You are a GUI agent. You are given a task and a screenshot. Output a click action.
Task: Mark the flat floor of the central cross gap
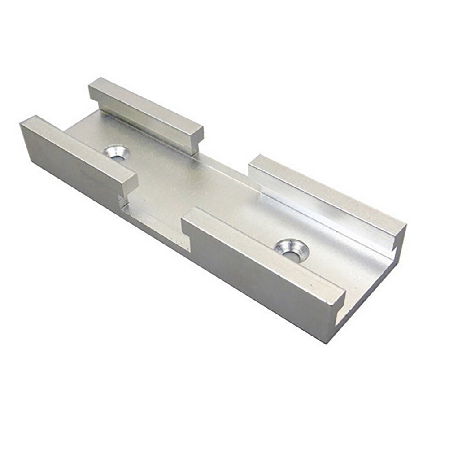tap(179, 188)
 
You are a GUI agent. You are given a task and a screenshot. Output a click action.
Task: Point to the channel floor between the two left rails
tap(96, 135)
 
